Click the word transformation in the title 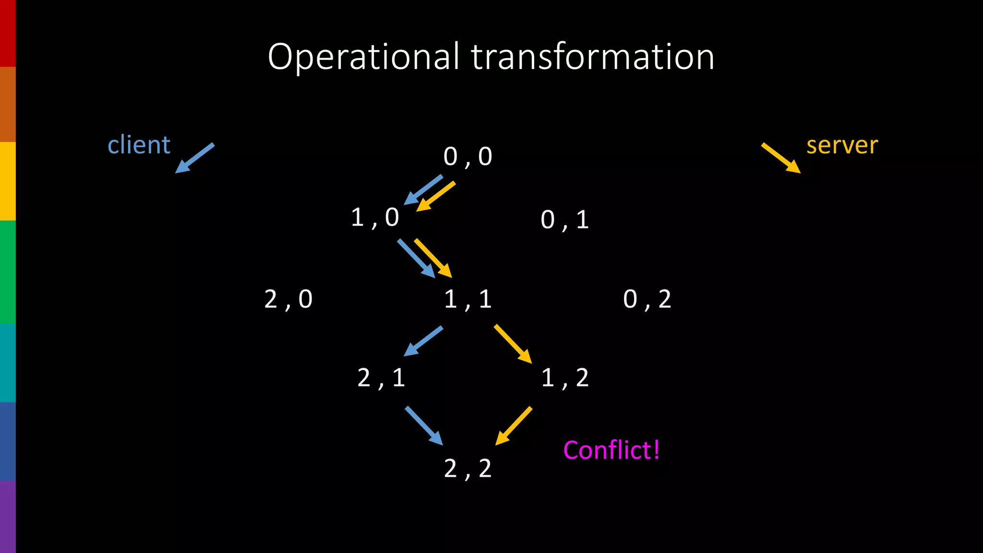pyautogui.click(x=592, y=57)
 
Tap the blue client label pyautogui.click(x=139, y=144)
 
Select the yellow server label pyautogui.click(x=842, y=145)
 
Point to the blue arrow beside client pyautogui.click(x=194, y=158)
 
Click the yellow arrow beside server pyautogui.click(x=781, y=158)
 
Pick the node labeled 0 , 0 pyautogui.click(x=468, y=156)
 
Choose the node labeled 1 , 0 pyautogui.click(x=375, y=217)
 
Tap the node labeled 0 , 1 pyautogui.click(x=564, y=220)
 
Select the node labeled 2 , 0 pyautogui.click(x=288, y=300)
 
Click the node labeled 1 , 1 pyautogui.click(x=468, y=300)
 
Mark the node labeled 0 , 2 pyautogui.click(x=647, y=300)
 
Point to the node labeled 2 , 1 pyautogui.click(x=381, y=378)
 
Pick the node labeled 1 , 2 pyautogui.click(x=564, y=378)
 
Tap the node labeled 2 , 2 pyautogui.click(x=468, y=469)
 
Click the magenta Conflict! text pyautogui.click(x=611, y=450)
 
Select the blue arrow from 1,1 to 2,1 pyautogui.click(x=423, y=341)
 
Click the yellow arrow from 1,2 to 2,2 pyautogui.click(x=514, y=426)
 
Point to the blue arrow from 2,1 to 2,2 pyautogui.click(x=424, y=426)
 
